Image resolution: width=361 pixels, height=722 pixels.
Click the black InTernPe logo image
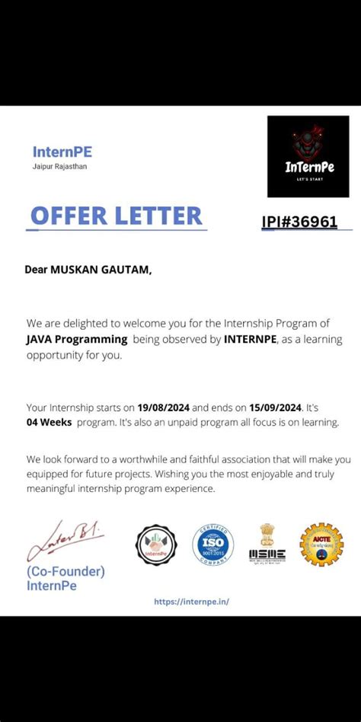click(x=308, y=156)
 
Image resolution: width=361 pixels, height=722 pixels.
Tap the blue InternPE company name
click(x=62, y=152)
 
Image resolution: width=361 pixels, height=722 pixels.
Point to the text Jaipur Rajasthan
click(x=59, y=166)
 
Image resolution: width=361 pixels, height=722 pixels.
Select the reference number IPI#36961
click(x=299, y=222)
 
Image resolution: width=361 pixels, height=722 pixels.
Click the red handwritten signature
click(x=64, y=539)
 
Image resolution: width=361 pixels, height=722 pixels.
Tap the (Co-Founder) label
click(x=65, y=571)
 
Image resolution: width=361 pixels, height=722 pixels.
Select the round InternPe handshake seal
click(x=156, y=545)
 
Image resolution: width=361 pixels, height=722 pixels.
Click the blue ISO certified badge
click(x=212, y=545)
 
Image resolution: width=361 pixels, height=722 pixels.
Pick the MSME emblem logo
click(x=267, y=543)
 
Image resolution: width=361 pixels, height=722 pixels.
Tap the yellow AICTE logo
click(x=321, y=544)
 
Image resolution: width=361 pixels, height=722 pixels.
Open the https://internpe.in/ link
click(x=191, y=601)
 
